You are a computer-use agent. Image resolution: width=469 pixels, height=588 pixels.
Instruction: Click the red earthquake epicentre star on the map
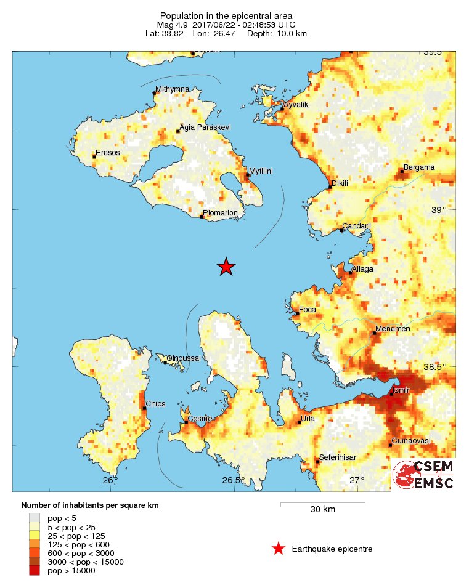click(226, 267)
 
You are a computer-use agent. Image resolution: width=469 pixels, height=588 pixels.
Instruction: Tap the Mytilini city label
click(261, 171)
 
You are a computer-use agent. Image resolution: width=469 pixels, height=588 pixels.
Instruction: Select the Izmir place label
click(402, 390)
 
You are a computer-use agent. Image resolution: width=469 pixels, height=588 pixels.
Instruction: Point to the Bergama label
click(419, 167)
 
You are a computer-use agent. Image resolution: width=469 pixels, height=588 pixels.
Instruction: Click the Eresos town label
click(107, 152)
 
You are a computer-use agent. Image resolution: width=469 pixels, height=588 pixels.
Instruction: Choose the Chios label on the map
click(155, 404)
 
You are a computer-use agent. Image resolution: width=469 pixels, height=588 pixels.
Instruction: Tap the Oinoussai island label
click(184, 358)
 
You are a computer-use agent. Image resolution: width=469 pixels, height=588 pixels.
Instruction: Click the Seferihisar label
click(338, 458)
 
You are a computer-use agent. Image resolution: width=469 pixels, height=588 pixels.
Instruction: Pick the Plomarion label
click(221, 213)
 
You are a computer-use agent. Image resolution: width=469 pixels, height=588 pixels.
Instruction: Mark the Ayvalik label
click(295, 105)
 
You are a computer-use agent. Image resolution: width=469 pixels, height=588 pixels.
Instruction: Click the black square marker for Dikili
click(329, 187)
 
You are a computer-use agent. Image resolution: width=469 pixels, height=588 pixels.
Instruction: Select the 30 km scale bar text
click(322, 509)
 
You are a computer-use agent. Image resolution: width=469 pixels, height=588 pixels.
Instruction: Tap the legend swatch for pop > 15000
click(35, 571)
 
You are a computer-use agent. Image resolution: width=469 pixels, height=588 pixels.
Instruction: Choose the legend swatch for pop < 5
click(35, 518)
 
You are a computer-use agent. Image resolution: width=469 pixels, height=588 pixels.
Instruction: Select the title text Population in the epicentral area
click(226, 15)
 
